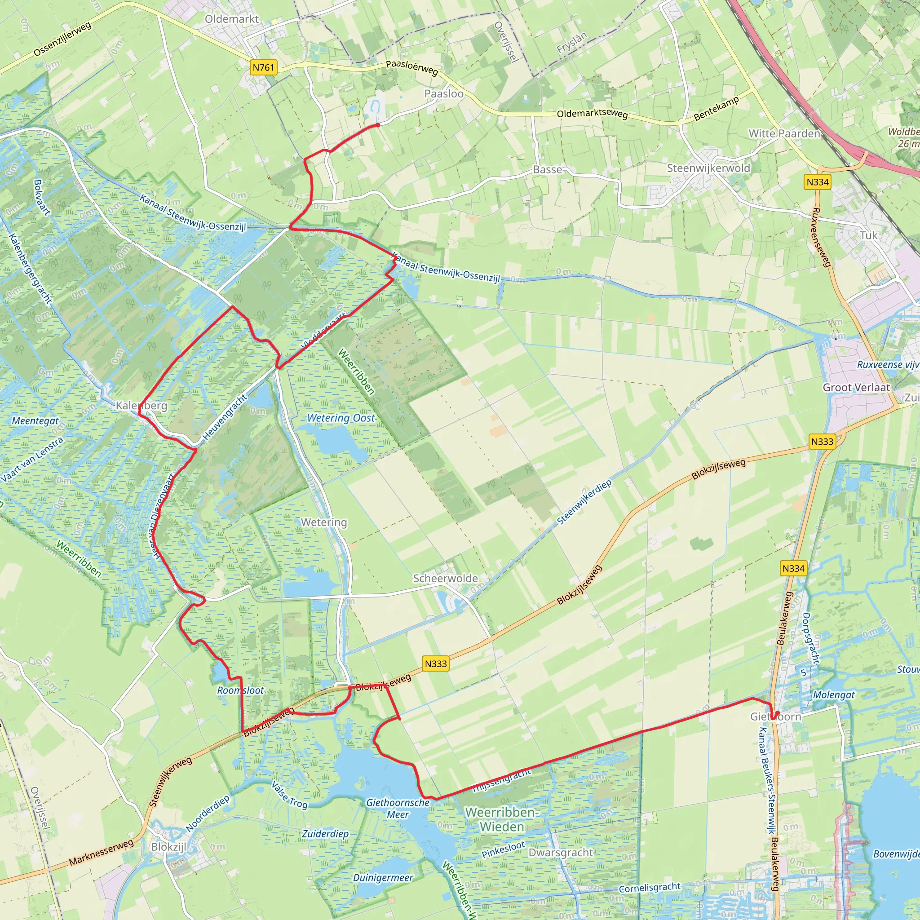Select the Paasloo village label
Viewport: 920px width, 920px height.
coord(444,94)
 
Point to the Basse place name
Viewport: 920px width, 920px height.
coord(548,169)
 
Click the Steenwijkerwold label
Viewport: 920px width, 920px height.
coord(708,168)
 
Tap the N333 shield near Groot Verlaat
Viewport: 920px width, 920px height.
coord(822,442)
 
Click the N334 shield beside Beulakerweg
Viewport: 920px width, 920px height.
coord(793,568)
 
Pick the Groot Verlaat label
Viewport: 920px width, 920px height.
coord(856,387)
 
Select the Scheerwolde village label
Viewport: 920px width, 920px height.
coord(445,578)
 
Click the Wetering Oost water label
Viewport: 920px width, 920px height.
coord(341,418)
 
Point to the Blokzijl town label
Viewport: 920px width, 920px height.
coord(168,847)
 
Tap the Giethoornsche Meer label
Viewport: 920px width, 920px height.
coord(398,808)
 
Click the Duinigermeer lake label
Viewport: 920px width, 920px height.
coord(383,878)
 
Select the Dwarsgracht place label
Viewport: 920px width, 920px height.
coord(561,852)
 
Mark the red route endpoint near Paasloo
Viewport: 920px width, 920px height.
coord(378,125)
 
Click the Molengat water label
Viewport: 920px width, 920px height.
coord(834,695)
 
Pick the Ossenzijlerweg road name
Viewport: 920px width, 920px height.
coord(62,39)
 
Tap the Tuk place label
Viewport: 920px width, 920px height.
coord(869,235)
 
